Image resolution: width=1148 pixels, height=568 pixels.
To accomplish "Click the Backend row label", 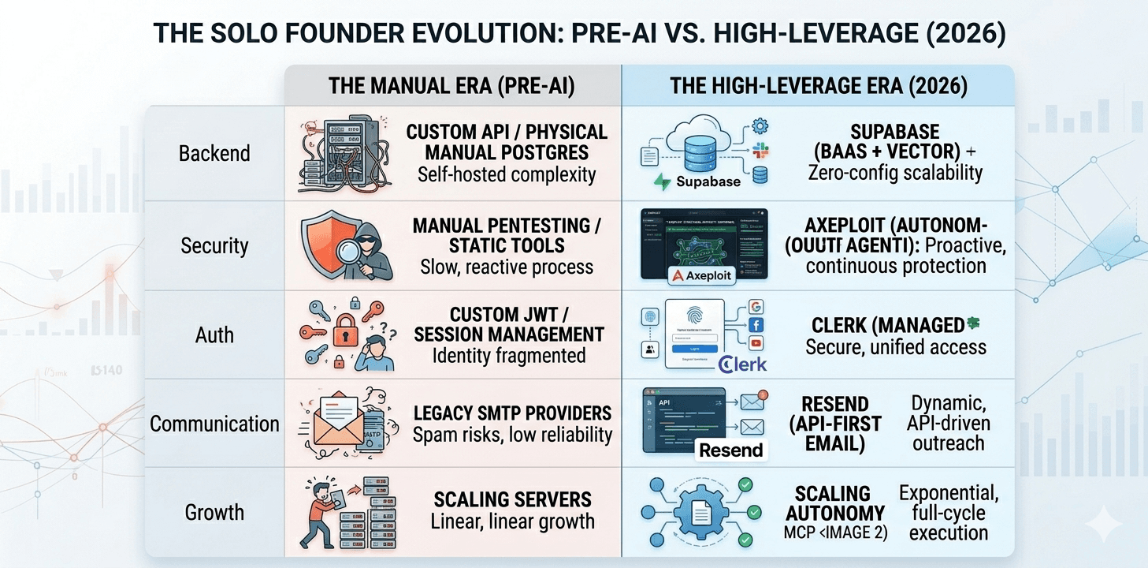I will (x=214, y=152).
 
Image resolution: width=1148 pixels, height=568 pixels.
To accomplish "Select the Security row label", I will (x=214, y=245).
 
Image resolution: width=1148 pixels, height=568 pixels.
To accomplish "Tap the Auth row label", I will (x=214, y=334).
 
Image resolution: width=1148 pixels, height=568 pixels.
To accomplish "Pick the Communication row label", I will (x=214, y=424).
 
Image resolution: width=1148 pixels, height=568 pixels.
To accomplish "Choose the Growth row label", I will (x=214, y=513).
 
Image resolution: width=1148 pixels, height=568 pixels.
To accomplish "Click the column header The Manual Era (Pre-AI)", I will (x=452, y=86).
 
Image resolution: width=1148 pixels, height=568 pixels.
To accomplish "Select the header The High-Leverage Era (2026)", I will (x=818, y=86).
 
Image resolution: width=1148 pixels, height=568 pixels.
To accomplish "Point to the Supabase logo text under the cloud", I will (x=708, y=181).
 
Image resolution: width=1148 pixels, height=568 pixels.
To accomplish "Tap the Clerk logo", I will (x=744, y=364).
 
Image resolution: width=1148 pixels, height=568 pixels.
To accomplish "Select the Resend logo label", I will (x=731, y=450).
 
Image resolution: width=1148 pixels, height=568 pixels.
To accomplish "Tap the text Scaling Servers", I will (x=512, y=500).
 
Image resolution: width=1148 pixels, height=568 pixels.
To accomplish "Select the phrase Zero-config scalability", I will (x=895, y=173).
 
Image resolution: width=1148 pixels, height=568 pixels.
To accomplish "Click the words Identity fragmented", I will (x=509, y=356).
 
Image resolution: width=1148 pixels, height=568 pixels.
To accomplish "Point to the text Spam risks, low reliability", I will (x=512, y=434).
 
